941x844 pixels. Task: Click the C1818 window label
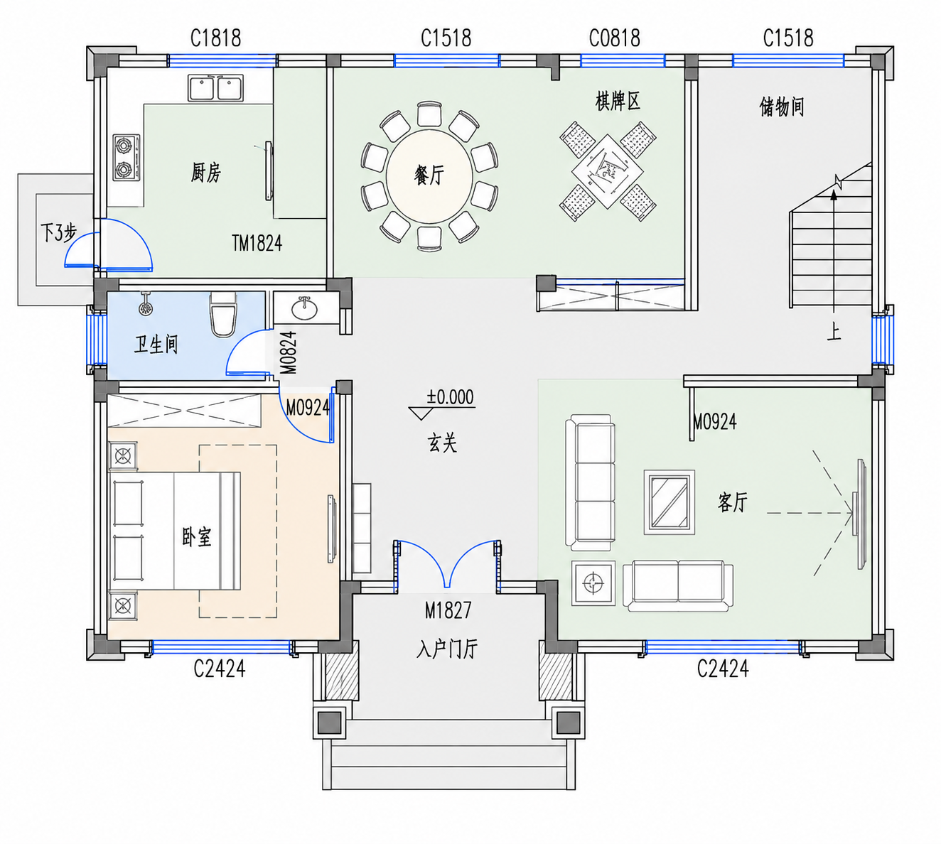point(215,38)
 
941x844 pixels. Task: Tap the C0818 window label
point(614,38)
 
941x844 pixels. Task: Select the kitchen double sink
point(215,88)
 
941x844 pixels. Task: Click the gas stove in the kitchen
point(127,158)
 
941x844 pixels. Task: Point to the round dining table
point(429,177)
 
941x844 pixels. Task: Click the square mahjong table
point(608,171)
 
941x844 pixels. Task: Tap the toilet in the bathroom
point(223,314)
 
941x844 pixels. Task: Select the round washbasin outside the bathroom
point(304,308)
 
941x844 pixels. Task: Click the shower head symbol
point(146,305)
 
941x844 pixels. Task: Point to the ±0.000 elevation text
point(450,397)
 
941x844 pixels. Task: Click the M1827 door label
point(448,610)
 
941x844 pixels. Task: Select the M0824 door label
point(289,352)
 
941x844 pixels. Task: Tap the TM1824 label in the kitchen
point(257,243)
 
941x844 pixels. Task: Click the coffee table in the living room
point(669,502)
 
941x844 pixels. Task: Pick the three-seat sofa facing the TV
point(590,483)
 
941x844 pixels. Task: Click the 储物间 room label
point(782,107)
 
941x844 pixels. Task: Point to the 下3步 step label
point(58,232)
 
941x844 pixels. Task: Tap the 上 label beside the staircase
point(834,332)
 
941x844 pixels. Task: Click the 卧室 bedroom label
point(196,536)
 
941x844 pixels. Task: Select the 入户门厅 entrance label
point(447,649)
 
